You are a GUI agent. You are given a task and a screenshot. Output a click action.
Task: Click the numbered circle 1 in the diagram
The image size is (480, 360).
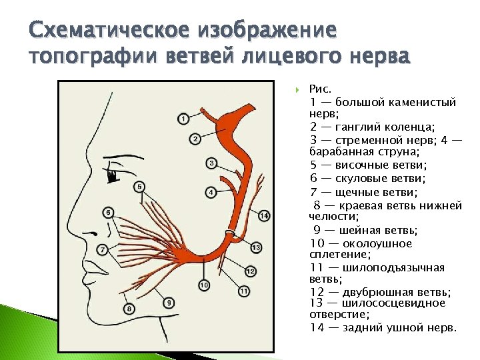(x=183, y=119)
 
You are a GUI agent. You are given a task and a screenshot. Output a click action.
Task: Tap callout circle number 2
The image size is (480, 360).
(x=195, y=139)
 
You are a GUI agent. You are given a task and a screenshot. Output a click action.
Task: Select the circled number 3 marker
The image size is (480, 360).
(x=211, y=163)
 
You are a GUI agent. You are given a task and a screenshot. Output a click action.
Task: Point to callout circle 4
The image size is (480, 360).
(x=211, y=193)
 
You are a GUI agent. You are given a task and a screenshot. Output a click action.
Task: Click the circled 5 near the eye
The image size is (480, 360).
(x=139, y=187)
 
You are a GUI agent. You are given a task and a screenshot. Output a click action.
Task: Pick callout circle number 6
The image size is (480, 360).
(x=108, y=213)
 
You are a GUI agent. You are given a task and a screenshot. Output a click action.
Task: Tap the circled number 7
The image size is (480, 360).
(x=102, y=249)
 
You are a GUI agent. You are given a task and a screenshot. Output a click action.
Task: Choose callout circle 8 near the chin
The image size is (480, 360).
(x=129, y=308)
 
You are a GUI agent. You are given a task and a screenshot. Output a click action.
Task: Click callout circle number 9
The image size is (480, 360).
(x=169, y=303)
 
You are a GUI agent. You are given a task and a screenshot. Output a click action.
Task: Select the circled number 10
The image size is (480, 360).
(x=203, y=285)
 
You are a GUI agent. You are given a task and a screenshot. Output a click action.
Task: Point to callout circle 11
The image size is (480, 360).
(x=243, y=291)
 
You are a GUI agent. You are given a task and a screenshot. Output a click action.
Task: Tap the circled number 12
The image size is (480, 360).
(x=250, y=271)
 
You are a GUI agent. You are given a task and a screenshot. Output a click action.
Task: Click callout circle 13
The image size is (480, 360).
(x=256, y=248)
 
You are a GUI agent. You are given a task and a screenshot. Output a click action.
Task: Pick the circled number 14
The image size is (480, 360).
(x=264, y=215)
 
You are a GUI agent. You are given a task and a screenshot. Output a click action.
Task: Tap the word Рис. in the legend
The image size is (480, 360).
(x=321, y=89)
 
